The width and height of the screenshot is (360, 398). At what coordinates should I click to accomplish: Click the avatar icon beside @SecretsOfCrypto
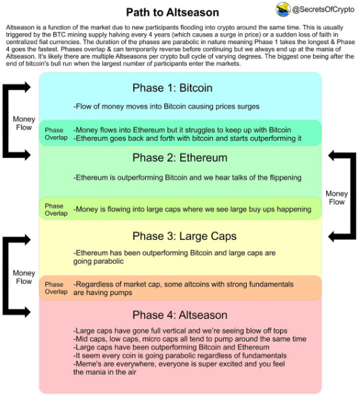click(283, 10)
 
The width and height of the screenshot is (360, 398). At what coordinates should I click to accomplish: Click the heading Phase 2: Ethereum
click(180, 158)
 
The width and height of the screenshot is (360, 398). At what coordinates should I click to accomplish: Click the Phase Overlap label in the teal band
click(56, 134)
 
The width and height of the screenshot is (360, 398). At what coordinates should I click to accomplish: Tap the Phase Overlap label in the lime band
click(56, 210)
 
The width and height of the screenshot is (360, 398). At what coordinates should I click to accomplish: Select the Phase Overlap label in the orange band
click(56, 288)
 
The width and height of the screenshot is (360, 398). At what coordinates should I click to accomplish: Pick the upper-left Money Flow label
click(24, 123)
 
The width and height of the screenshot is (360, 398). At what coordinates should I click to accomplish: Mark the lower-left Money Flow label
click(24, 277)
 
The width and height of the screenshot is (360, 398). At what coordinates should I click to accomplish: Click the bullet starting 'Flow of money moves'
click(166, 107)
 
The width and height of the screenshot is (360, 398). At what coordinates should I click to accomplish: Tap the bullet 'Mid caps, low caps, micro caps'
click(190, 338)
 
